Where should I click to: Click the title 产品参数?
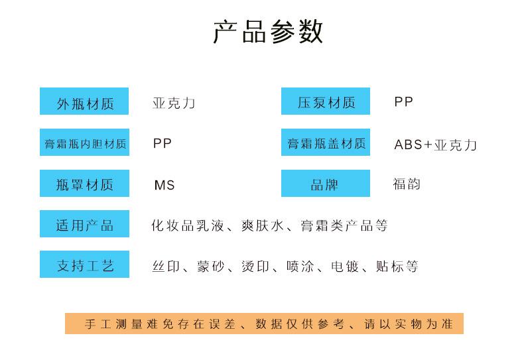[x=268, y=32]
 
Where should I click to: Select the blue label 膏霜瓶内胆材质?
[x=84, y=143]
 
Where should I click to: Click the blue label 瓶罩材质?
[x=84, y=184]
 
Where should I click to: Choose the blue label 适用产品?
[x=84, y=225]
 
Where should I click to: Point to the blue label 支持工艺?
[x=84, y=265]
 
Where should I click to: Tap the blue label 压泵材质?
[x=326, y=102]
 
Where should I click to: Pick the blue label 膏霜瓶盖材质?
[x=326, y=143]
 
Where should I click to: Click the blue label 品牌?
[x=326, y=184]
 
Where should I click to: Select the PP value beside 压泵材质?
[x=403, y=102]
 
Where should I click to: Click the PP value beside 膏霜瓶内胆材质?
[x=162, y=143]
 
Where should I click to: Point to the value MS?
[x=164, y=185]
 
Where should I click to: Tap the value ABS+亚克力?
[x=435, y=145]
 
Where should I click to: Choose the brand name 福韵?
[x=407, y=184]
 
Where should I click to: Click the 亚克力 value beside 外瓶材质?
[x=174, y=103]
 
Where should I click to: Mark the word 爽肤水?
[x=263, y=225]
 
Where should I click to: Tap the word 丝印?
[x=164, y=267]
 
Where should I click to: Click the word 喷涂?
[x=300, y=267]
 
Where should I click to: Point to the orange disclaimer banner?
[x=263, y=324]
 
